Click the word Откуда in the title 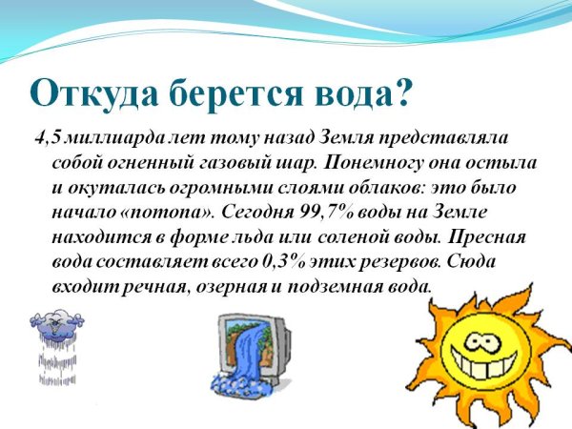85,92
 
